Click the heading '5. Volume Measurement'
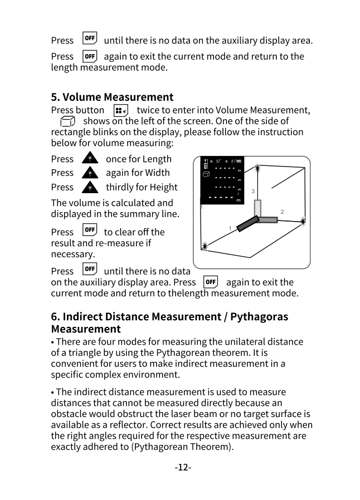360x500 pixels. [112, 97]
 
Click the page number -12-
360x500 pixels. [183, 467]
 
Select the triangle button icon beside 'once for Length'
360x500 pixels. [89, 159]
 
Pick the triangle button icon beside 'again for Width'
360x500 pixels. [89, 173]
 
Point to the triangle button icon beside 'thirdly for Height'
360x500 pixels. [89, 187]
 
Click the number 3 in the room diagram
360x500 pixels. [253, 191]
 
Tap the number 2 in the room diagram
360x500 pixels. [283, 212]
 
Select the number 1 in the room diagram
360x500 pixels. [230, 228]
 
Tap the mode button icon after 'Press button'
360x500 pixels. [120, 110]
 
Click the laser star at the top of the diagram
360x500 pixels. [257, 167]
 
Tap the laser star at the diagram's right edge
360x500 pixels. [303, 221]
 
